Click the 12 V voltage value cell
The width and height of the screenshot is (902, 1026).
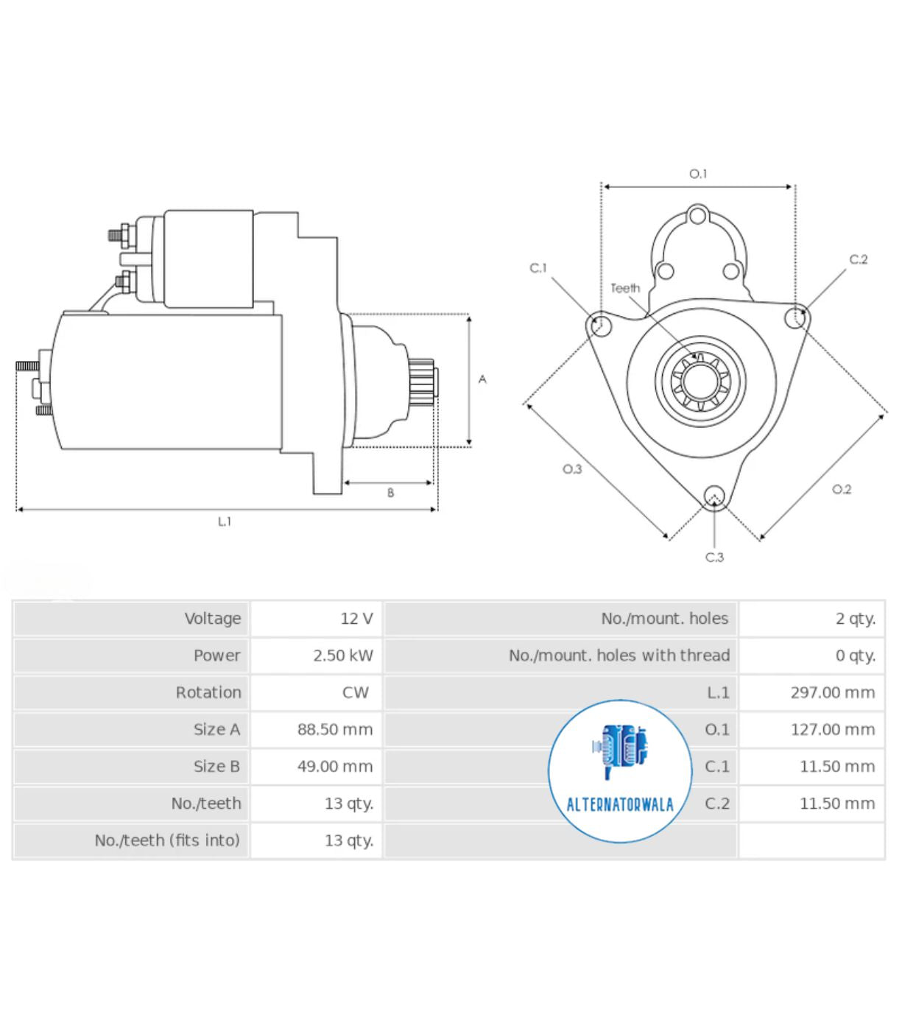[356, 619]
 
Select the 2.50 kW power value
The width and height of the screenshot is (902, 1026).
[343, 656]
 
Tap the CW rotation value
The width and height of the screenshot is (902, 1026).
[355, 692]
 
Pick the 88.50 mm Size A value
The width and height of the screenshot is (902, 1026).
[335, 729]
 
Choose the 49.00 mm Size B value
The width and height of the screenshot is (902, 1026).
[335, 766]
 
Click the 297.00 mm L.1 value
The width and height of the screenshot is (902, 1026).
[833, 692]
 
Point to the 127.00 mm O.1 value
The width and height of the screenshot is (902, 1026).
[833, 729]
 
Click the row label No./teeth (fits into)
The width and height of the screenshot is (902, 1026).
[167, 840]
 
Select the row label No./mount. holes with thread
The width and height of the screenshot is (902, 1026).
[619, 656]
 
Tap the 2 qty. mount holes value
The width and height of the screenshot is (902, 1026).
[856, 619]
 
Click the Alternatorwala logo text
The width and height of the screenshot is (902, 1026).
[620, 804]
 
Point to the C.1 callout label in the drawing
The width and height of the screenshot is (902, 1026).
[538, 268]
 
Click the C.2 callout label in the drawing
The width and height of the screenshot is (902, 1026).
[859, 259]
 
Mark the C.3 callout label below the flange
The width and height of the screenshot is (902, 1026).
[714, 558]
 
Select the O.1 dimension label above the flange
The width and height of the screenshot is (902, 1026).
[698, 174]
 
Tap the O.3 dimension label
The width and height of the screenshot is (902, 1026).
[572, 469]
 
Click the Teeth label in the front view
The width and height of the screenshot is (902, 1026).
[625, 288]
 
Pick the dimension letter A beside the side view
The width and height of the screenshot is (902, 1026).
[482, 379]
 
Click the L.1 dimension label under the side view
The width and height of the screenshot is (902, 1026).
[225, 521]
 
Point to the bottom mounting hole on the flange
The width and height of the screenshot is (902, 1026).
[714, 496]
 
